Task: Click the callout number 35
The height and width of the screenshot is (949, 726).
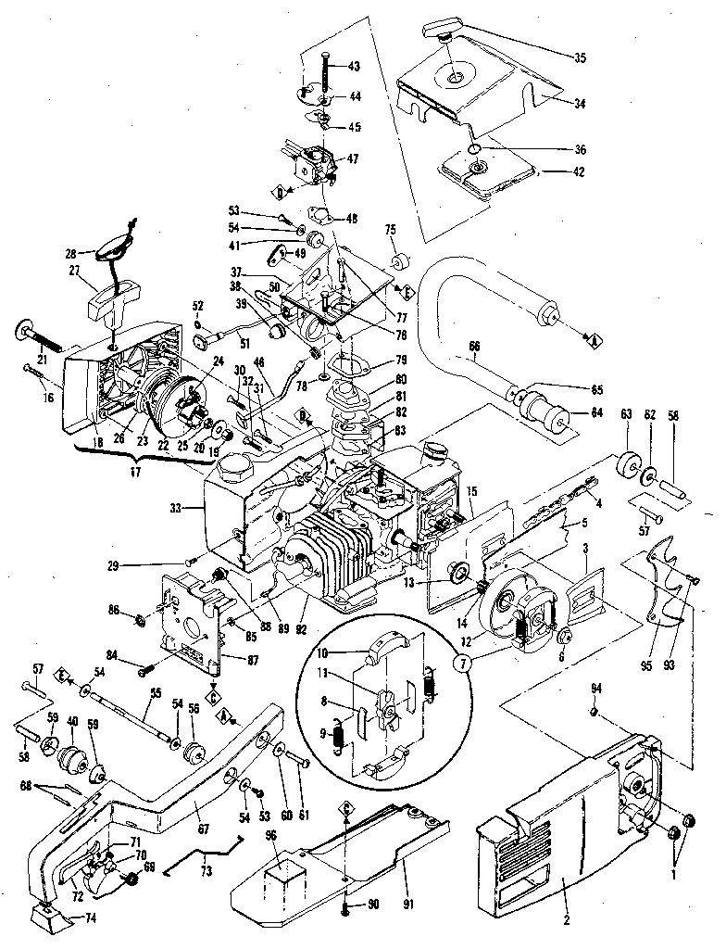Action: coord(580,57)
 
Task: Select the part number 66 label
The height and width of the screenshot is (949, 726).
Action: coord(474,348)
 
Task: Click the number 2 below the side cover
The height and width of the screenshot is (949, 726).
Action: coord(566,921)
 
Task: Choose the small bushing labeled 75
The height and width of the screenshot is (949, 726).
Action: coord(403,257)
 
